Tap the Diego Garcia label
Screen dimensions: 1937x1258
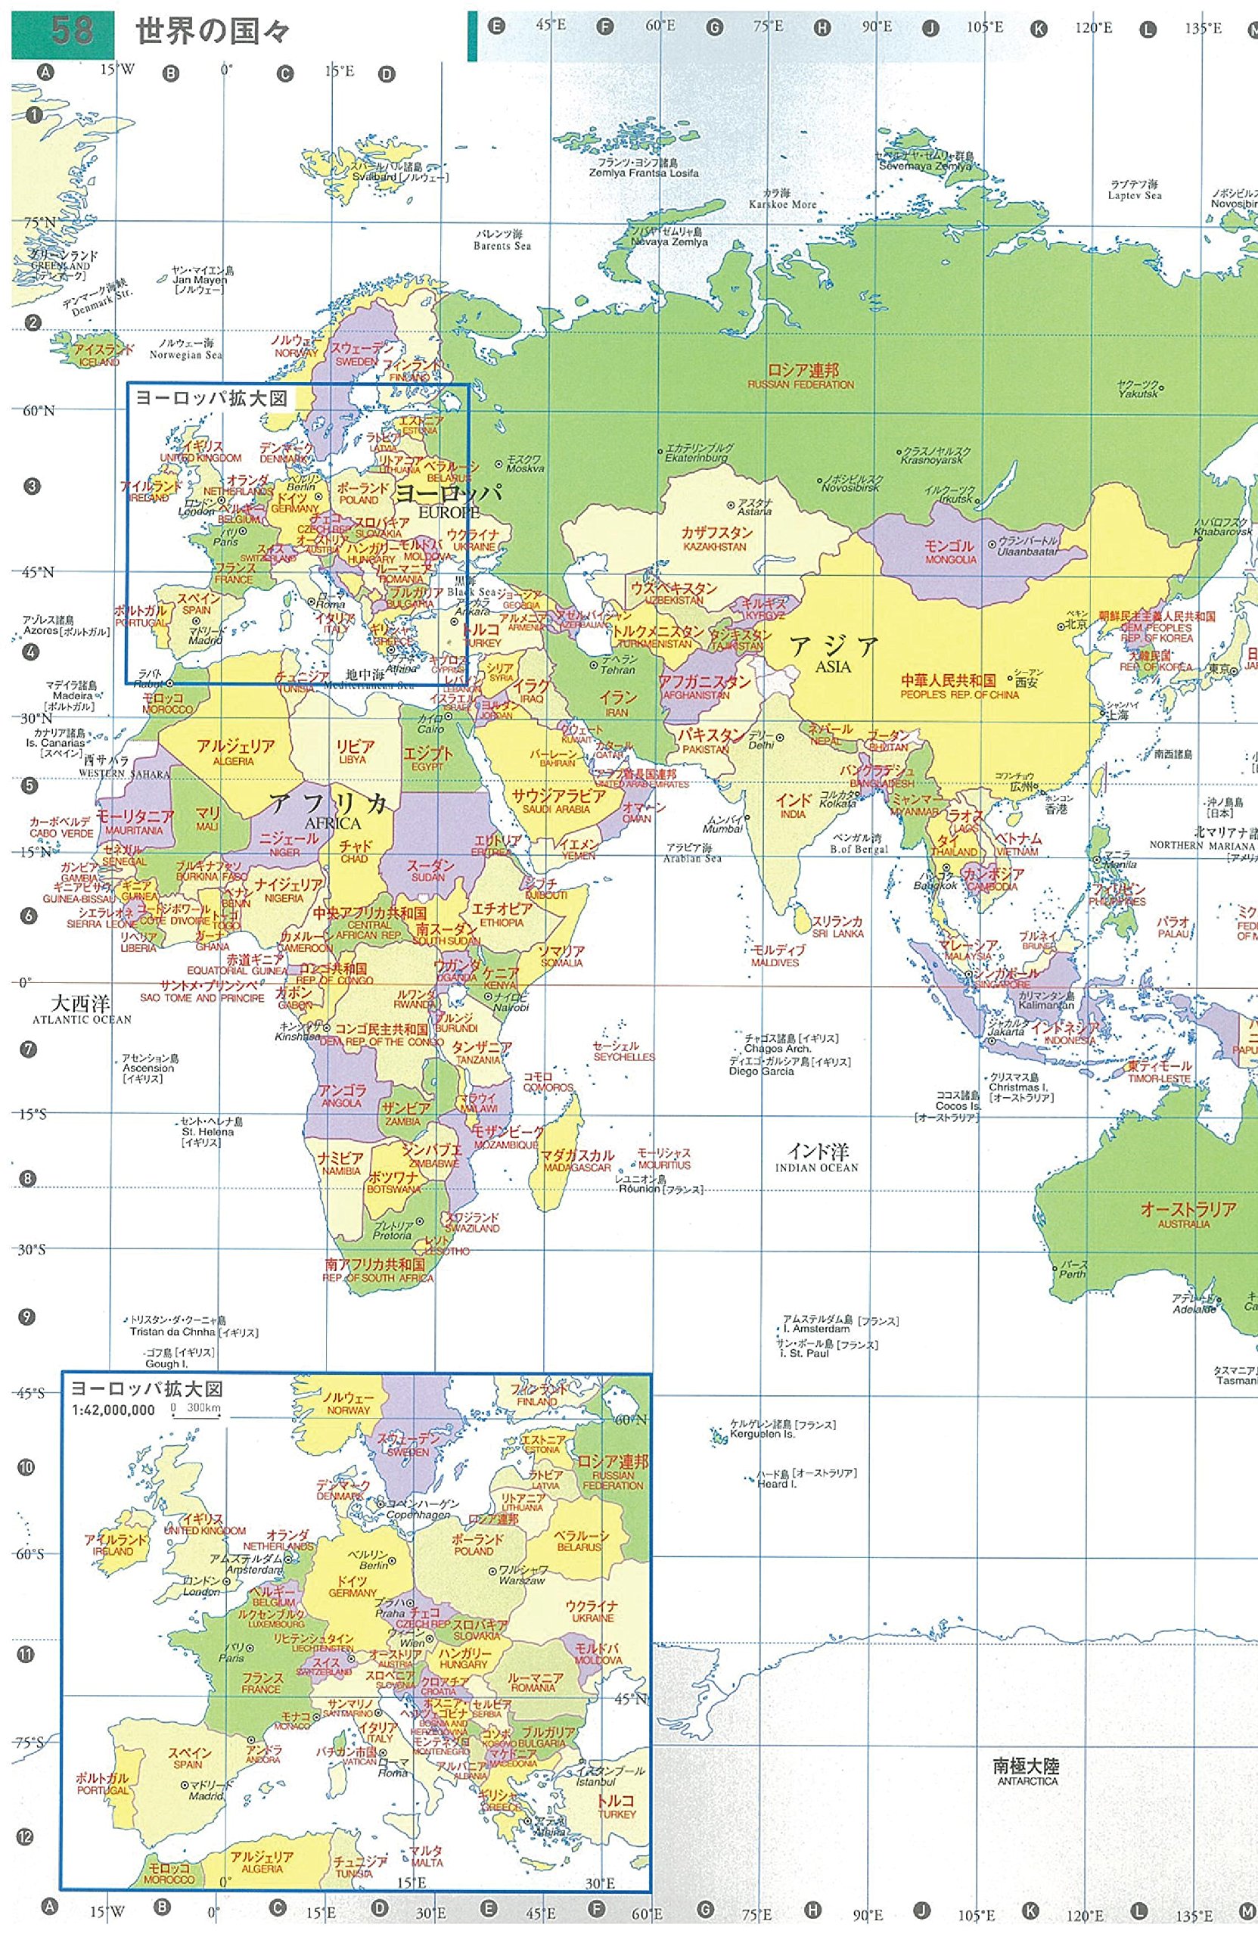pyautogui.click(x=761, y=1072)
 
